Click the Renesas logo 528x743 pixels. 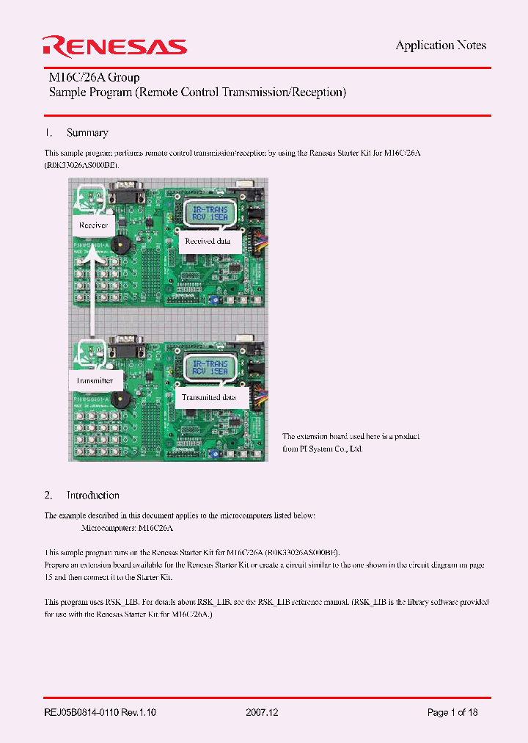(x=115, y=46)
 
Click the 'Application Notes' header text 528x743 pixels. (x=441, y=46)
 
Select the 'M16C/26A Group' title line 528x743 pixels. (x=94, y=77)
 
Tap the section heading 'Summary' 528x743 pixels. (x=87, y=133)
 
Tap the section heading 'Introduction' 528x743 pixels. (x=92, y=496)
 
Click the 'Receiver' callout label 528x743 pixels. (x=93, y=225)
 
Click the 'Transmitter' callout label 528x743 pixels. (x=95, y=380)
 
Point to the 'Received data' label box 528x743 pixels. (x=208, y=241)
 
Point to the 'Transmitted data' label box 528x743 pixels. (x=210, y=397)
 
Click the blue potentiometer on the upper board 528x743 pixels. (x=212, y=300)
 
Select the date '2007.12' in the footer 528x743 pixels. (x=263, y=713)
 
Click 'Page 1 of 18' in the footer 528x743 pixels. (x=452, y=713)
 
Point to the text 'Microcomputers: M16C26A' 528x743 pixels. (x=126, y=528)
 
